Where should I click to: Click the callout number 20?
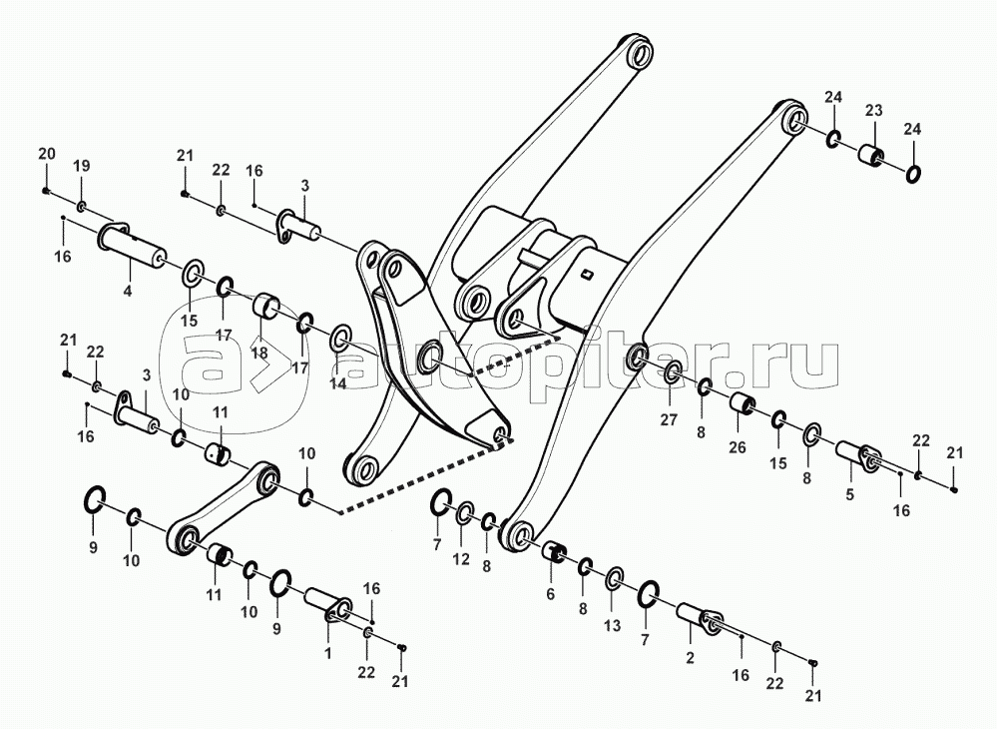coord(47,153)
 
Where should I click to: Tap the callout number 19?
coord(82,165)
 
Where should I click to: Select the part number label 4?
coord(127,292)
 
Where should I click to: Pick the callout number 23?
coord(873,111)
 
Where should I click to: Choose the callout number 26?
coord(737,447)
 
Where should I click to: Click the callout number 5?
coord(849,492)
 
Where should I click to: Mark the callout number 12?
coord(461,559)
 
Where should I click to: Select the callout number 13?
coord(612,626)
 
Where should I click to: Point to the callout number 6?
coord(549,593)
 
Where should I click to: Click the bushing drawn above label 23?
coord(872,157)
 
